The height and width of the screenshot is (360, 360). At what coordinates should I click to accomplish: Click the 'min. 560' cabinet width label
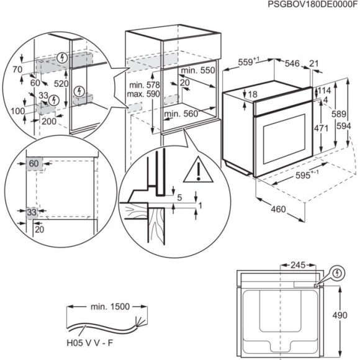tap(181, 114)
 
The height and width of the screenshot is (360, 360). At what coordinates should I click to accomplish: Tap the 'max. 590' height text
tap(143, 94)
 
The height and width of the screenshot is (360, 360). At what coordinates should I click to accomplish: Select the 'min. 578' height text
tap(143, 84)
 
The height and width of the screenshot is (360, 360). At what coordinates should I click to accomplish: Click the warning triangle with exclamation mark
tap(197, 168)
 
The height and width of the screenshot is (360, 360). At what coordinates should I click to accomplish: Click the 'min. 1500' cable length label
tap(107, 307)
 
